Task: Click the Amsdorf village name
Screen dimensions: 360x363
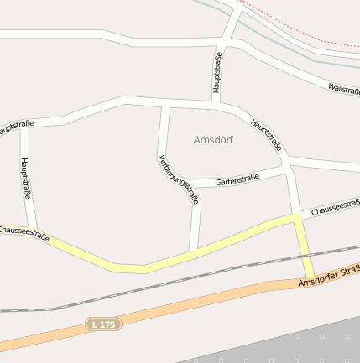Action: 213,139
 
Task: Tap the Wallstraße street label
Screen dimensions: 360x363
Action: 343,88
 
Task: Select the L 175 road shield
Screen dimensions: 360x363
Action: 104,324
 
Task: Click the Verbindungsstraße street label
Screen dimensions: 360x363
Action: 179,179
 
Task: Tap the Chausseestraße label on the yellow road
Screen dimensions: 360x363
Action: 25,233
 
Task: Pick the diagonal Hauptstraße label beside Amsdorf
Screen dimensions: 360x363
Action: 265,134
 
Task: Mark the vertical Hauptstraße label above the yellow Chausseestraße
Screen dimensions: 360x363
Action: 26,178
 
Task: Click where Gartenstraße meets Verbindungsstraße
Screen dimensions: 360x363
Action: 196,184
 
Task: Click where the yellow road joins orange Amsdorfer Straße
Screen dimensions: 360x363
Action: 310,280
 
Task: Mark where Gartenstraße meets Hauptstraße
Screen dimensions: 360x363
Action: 285,171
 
